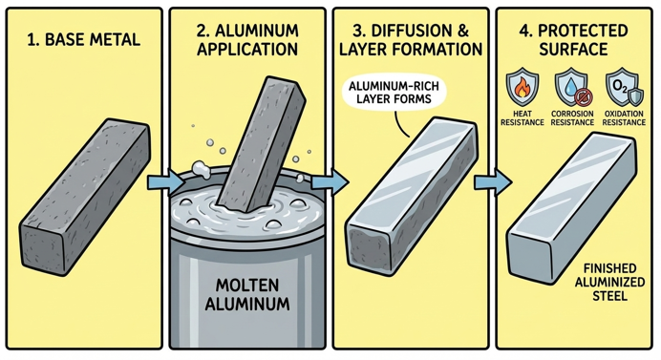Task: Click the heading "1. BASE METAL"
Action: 83,39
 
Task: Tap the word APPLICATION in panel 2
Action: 247,50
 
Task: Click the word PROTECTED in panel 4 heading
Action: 583,31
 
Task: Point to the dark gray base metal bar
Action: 85,197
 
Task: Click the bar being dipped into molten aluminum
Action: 263,143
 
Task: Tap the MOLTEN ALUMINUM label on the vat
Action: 247,294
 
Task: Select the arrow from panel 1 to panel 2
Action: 165,183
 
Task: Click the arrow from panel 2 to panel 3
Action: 330,183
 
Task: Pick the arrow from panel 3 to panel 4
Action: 493,183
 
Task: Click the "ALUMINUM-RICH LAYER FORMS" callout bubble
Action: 394,93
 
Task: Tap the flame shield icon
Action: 522,88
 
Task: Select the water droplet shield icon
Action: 572,88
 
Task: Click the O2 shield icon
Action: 624,88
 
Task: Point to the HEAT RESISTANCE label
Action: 522,118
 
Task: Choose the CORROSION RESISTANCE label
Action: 572,118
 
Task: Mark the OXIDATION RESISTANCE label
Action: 624,118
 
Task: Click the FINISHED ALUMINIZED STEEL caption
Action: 610,282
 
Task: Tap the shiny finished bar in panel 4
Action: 571,209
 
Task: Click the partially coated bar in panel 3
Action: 411,197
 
